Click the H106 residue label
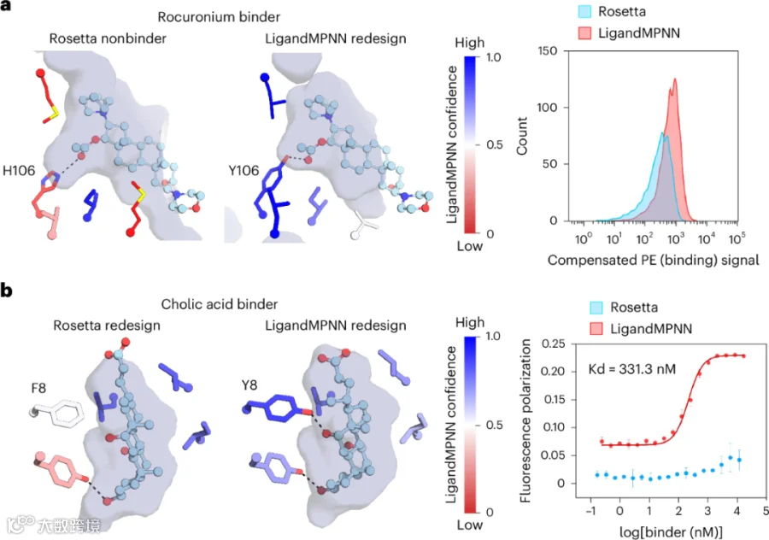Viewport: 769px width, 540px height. pos(19,171)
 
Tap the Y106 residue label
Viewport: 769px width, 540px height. pos(244,171)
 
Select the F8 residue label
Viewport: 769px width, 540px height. pos(38,389)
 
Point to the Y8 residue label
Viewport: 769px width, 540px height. pos(249,385)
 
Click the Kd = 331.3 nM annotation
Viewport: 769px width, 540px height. pos(632,368)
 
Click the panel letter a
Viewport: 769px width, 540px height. pos(5,6)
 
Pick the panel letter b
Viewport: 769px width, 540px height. pos(6,291)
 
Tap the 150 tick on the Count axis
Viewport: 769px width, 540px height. pos(548,51)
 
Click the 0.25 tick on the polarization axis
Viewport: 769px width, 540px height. pos(553,343)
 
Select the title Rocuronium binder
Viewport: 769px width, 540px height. pos(219,17)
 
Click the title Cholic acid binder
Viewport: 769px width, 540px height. pos(220,304)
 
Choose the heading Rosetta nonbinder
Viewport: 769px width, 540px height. pos(108,38)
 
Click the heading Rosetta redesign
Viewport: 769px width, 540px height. pos(107,326)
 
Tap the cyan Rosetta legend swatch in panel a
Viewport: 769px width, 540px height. pos(584,12)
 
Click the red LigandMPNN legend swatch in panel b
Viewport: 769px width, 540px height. pos(596,329)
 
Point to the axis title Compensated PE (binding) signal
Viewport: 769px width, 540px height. pos(654,261)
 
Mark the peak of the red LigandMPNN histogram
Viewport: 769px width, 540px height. pos(675,79)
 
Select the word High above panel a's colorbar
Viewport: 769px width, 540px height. pos(469,44)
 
